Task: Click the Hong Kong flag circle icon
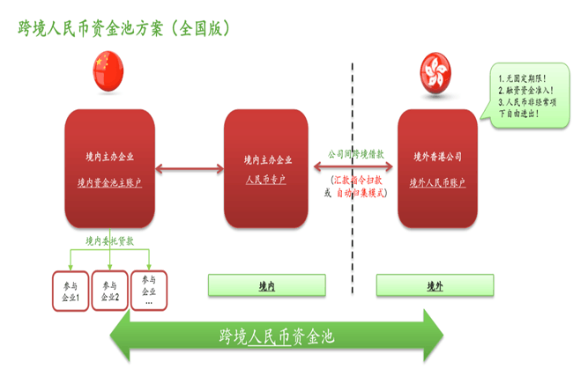point(437,69)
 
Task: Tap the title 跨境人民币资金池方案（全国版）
point(123,27)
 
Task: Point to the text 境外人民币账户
point(438,182)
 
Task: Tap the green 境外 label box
point(435,285)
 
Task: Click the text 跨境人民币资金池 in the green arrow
point(277,336)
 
